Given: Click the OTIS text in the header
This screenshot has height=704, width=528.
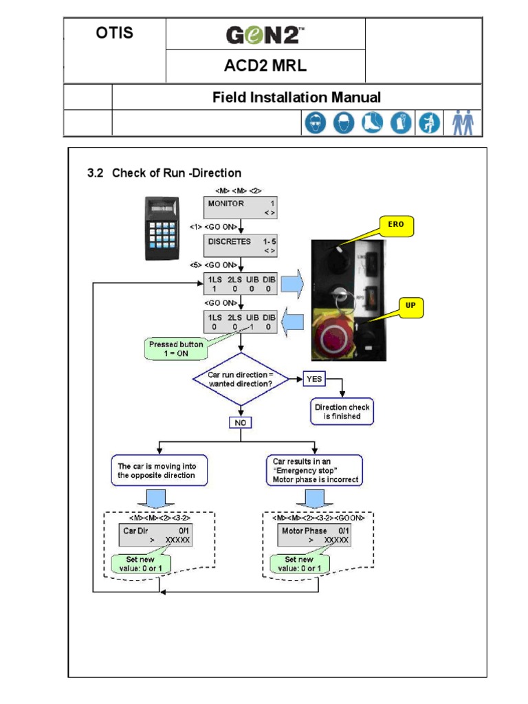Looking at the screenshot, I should [x=115, y=33].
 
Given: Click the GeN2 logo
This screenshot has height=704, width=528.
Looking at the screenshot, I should [x=265, y=34].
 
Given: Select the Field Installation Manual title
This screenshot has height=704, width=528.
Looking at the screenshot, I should [x=296, y=98].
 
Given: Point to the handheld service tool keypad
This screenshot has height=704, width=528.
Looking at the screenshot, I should [x=162, y=228].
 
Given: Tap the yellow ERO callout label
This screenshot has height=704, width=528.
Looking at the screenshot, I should [x=396, y=225].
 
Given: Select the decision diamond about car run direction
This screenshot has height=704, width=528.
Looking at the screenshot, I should [x=241, y=379].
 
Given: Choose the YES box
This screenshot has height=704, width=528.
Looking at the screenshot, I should [x=314, y=379].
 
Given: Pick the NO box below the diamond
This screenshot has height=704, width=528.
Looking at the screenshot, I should [x=241, y=423].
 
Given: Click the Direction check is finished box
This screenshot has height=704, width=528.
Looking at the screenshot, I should [x=342, y=412].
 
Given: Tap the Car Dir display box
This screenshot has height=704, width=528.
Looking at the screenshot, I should [x=155, y=536].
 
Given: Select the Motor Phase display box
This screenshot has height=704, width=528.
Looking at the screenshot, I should [x=316, y=536].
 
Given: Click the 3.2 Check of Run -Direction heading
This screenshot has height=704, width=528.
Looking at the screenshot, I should [x=164, y=173].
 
